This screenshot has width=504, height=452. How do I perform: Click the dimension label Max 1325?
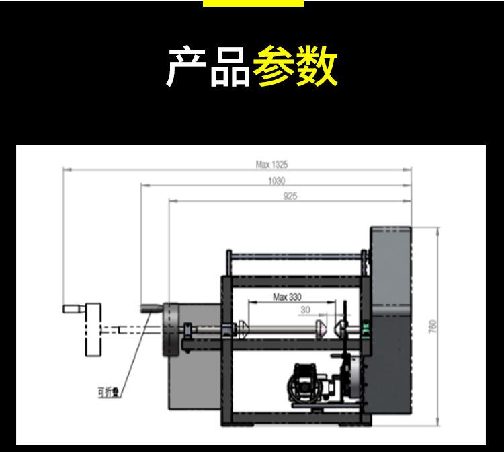(x=272, y=164)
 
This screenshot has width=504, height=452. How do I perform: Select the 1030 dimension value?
(x=276, y=180)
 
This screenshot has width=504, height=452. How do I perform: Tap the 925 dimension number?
(x=290, y=196)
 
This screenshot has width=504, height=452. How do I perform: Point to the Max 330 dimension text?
(x=287, y=297)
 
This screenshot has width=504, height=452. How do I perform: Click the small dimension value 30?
(x=306, y=310)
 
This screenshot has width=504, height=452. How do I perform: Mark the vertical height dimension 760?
(x=433, y=326)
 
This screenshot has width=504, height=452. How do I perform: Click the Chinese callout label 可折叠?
(x=108, y=393)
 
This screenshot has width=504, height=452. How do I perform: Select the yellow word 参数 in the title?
(x=295, y=67)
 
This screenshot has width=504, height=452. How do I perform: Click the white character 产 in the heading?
(x=187, y=67)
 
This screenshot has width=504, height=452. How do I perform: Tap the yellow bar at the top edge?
(x=253, y=3)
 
